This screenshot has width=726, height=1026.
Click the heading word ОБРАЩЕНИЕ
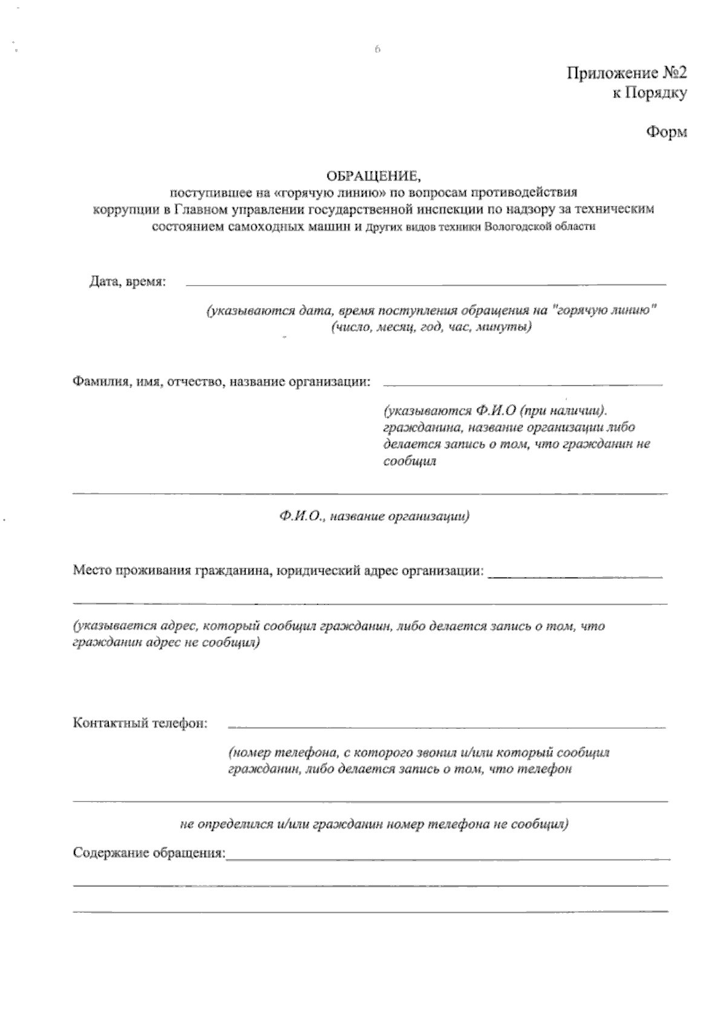pos(373,176)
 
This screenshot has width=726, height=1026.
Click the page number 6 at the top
pos(376,50)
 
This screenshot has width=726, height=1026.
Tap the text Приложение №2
pos(627,74)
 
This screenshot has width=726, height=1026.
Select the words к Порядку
pos(650,93)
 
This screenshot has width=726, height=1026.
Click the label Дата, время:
pos(128,282)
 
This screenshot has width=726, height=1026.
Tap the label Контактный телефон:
pos(140,723)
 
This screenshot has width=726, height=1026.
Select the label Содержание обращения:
pos(149,853)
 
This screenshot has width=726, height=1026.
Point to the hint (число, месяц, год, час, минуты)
pos(431,327)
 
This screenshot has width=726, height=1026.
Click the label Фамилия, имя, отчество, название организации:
pos(222,382)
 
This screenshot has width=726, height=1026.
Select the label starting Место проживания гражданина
pos(278,570)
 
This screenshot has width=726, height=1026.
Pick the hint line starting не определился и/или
pos(374,824)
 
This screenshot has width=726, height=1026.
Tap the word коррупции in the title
pos(118,210)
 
